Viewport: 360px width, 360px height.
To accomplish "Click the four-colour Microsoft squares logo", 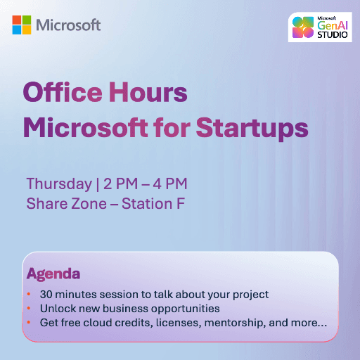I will (x=21, y=25).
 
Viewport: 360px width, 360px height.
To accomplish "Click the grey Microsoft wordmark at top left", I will (x=68, y=25).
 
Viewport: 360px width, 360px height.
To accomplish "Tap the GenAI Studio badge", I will (x=320, y=27).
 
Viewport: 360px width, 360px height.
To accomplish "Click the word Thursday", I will (x=58, y=184).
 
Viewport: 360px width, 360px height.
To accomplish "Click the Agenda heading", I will (x=53, y=273).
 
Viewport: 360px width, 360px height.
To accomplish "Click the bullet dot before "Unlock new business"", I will (x=29, y=309).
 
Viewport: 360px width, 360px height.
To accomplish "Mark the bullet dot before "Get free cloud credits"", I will (x=29, y=323).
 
